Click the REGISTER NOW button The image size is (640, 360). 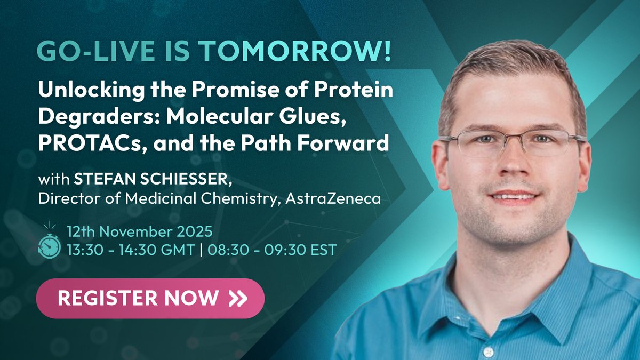[150, 298]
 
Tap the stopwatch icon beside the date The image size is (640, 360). [49, 241]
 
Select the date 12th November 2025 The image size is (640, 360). [140, 232]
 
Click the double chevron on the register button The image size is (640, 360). [237, 298]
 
